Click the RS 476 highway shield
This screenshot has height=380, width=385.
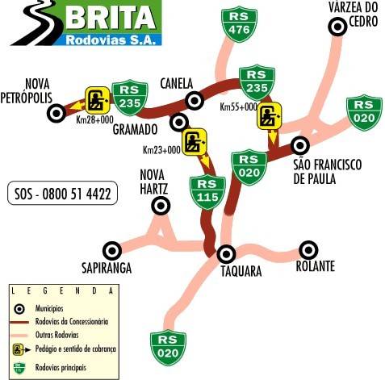pos(239,25)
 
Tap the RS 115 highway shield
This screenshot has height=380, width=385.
pos(207,192)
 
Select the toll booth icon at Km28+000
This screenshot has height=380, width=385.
pos(98,100)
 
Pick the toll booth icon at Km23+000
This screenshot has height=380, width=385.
pos(195,142)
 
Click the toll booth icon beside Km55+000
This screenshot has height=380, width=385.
pos(269,115)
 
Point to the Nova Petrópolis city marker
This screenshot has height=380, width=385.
pos(56,113)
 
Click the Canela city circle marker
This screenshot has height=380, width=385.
pos(195,101)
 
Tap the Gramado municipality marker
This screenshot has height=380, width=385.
pos(179,123)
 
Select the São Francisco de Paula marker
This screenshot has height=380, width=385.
pos(300,145)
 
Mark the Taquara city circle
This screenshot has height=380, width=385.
pos(226,254)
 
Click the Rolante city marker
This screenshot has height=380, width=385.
pos(308,250)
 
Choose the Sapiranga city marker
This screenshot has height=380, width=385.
pos(112,251)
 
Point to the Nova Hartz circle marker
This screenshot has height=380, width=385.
pos(161,206)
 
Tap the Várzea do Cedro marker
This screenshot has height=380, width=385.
pos(337,27)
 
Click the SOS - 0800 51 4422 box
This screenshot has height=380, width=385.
pos(62,193)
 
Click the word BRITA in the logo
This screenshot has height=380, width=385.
pos(111,17)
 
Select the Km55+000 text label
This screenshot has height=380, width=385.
pos(238,106)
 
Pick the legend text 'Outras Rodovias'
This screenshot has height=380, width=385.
pos(56,335)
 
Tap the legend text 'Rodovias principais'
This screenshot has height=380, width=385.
pos(61,367)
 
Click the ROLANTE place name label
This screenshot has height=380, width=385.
pos(316,266)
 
